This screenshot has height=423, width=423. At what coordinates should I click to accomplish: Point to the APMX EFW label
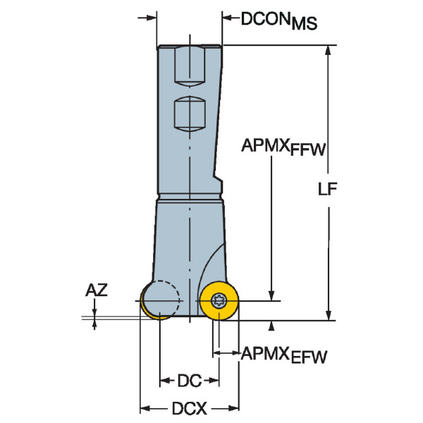coord(285,355)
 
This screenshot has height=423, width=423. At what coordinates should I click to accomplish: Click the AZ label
coord(97,290)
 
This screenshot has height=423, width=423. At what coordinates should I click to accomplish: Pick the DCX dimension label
coord(188,408)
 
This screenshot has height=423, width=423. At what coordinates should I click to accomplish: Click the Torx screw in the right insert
coord(218,301)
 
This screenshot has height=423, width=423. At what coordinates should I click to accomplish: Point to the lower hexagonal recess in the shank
coord(190,113)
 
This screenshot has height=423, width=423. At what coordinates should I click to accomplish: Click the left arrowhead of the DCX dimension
coord(144,408)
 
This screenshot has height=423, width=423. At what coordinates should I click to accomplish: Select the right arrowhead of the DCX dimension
coord(235,408)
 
